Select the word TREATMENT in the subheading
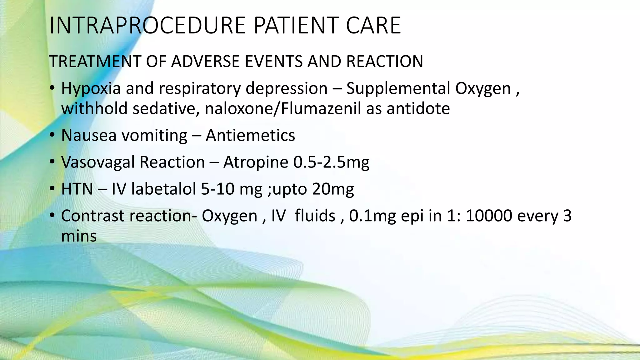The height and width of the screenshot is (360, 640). click(95, 61)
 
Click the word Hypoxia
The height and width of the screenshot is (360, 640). click(91, 89)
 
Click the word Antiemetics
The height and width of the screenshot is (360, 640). click(250, 136)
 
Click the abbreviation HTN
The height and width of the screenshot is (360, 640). click(77, 189)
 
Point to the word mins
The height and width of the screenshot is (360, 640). click(79, 236)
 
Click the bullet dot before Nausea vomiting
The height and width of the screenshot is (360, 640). click(52, 136)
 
